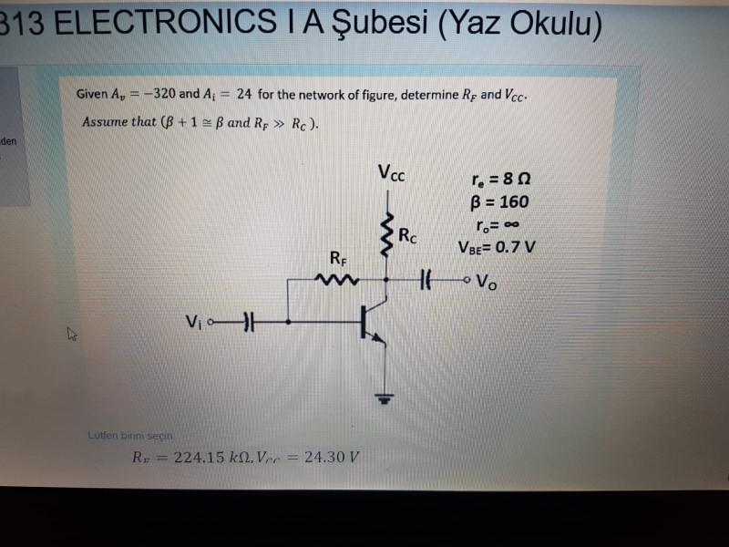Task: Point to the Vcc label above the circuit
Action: click(x=391, y=172)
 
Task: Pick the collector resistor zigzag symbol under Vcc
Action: click(x=386, y=236)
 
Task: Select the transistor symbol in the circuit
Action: click(x=370, y=324)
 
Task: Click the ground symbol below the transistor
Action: click(x=385, y=398)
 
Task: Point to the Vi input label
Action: click(x=192, y=321)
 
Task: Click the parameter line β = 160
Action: click(x=499, y=202)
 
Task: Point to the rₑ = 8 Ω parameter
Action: click(x=500, y=180)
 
